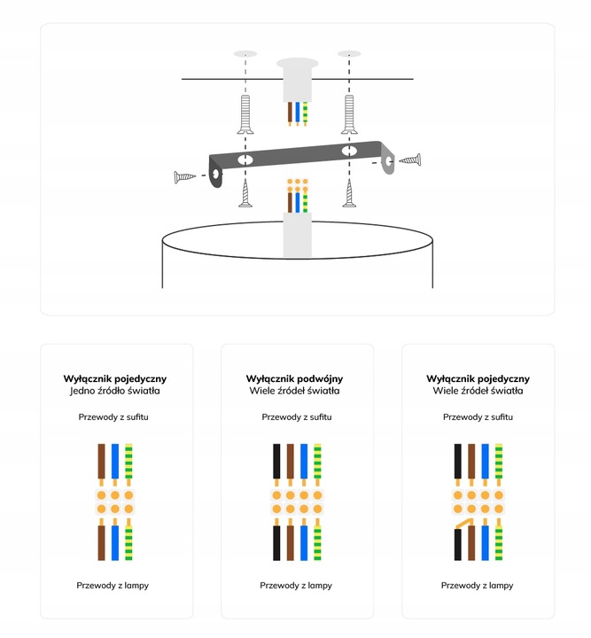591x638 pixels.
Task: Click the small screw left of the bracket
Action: [x=184, y=177]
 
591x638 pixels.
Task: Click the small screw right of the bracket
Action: [x=409, y=159]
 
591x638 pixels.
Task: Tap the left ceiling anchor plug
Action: [x=245, y=114]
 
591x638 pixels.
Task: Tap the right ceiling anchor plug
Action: [x=349, y=114]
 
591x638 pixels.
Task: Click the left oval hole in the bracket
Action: [x=245, y=159]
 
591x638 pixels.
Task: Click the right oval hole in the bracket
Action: [x=349, y=151]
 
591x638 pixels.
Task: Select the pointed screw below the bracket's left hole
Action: [x=245, y=193]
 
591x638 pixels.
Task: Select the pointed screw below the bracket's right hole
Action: [x=349, y=193]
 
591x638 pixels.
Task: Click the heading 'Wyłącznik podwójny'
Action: [x=294, y=379]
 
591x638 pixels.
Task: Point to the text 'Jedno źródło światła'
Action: [x=114, y=391]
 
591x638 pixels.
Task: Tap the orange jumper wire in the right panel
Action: [x=465, y=524]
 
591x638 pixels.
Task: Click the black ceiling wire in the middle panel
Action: [x=276, y=461]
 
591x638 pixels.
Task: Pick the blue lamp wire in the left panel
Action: [x=115, y=543]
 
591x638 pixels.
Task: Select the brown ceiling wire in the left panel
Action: [x=101, y=461]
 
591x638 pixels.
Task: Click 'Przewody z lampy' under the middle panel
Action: [x=296, y=586]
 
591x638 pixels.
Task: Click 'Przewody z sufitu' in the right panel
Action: [x=478, y=417]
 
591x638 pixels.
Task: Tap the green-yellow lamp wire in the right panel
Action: [x=499, y=543]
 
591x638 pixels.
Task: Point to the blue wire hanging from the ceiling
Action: [x=298, y=112]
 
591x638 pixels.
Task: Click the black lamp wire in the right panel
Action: [x=457, y=544]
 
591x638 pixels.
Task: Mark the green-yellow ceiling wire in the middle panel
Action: [x=318, y=461]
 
